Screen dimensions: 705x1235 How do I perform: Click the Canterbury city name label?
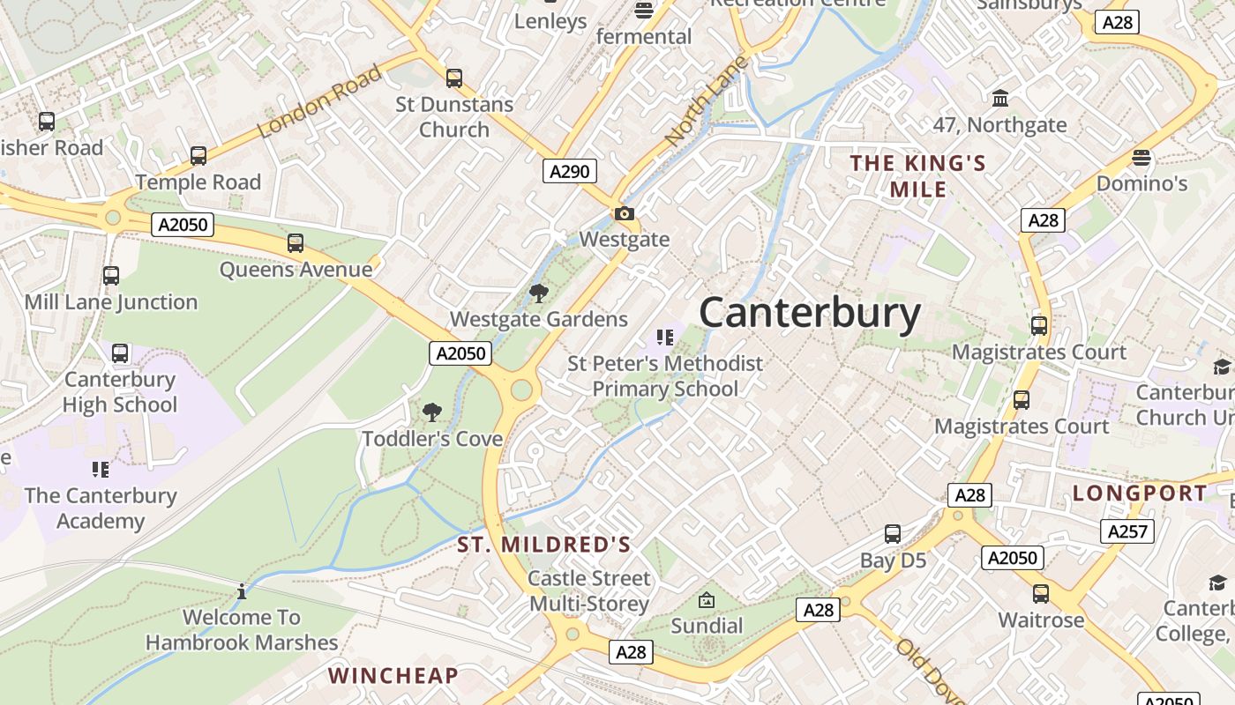click(x=810, y=313)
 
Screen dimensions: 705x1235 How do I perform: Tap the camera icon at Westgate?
click(x=625, y=213)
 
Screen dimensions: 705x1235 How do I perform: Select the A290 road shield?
click(x=569, y=171)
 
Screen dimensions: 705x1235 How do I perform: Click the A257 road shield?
click(x=1127, y=531)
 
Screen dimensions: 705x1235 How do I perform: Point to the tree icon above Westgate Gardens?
click(x=538, y=293)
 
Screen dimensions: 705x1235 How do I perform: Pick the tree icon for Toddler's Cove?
click(x=432, y=412)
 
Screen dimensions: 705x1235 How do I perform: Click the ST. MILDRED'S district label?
click(x=544, y=545)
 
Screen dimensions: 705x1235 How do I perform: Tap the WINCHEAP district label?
click(x=393, y=676)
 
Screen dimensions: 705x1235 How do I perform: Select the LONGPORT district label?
click(x=1140, y=493)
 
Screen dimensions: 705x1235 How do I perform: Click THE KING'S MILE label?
click(x=917, y=175)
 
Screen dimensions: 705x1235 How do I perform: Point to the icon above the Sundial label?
click(x=706, y=601)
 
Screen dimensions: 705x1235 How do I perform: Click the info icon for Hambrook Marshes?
click(x=242, y=591)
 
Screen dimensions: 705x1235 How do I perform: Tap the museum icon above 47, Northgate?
click(x=1000, y=98)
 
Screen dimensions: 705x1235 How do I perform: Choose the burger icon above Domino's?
click(x=1141, y=159)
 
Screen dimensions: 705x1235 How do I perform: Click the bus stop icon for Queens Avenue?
click(x=296, y=243)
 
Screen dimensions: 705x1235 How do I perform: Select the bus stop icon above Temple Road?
click(x=198, y=156)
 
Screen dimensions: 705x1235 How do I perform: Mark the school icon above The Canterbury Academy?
click(x=101, y=470)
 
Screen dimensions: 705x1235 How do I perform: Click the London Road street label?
click(x=319, y=101)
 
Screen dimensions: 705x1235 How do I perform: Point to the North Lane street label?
click(x=706, y=101)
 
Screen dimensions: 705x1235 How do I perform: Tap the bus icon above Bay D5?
click(x=893, y=534)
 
